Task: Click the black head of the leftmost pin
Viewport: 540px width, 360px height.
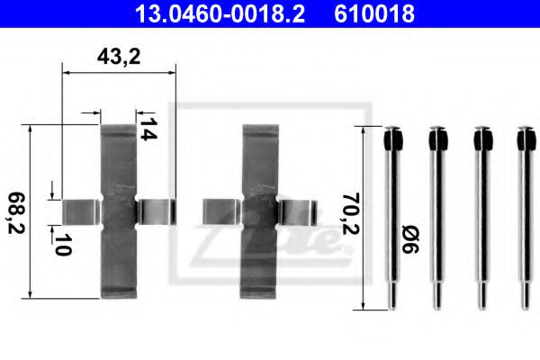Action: coord(392,140)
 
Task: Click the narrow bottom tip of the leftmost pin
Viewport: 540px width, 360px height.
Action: coord(392,297)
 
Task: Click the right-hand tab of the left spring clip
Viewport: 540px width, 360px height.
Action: coord(155,211)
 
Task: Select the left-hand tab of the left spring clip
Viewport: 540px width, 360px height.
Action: coord(80,211)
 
